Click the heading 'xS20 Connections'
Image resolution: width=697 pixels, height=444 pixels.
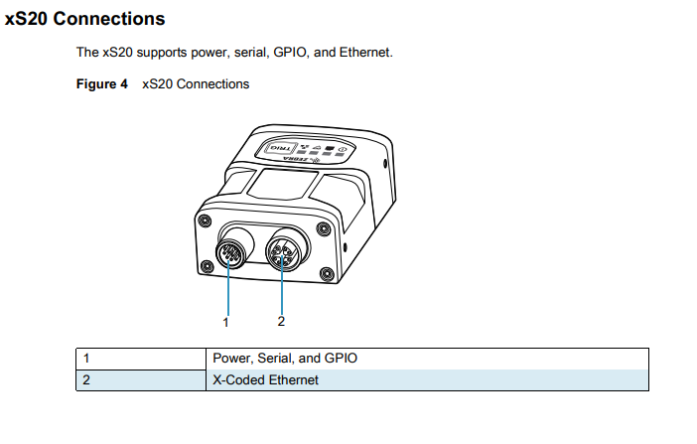[85, 19]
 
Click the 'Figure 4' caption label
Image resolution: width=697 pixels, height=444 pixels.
[102, 84]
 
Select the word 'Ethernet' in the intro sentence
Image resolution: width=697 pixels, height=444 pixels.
[366, 52]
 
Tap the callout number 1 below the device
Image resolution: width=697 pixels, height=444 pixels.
[226, 321]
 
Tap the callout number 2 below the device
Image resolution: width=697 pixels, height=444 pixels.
[281, 321]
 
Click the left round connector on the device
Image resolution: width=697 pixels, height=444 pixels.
[231, 254]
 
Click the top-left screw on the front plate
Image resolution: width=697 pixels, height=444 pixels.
[205, 220]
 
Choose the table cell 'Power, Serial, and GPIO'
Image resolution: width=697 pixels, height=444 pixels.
[284, 358]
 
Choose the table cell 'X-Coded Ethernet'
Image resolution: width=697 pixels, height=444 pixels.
[266, 379]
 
